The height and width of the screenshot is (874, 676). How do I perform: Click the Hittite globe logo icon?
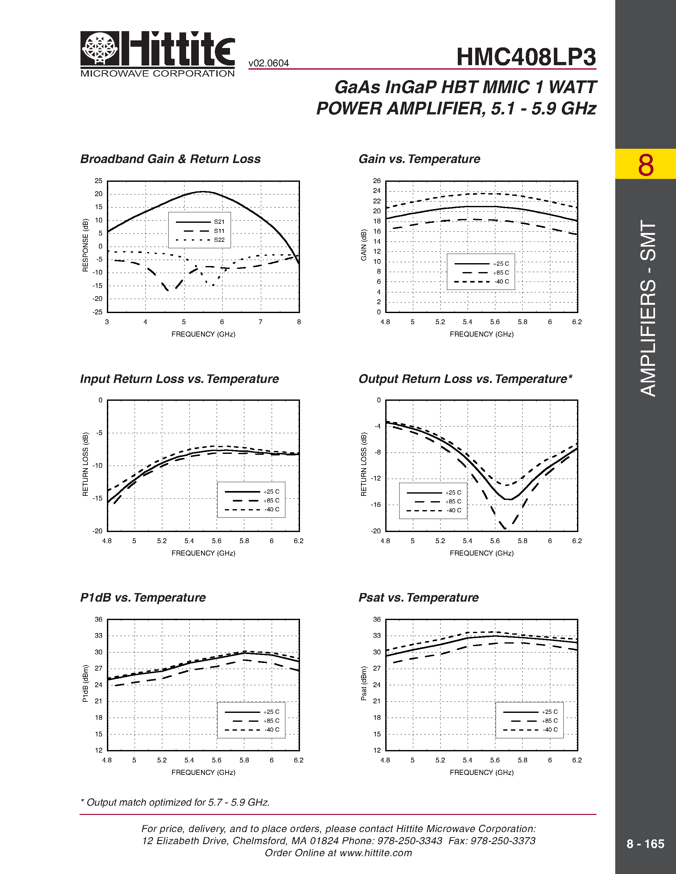point(100,48)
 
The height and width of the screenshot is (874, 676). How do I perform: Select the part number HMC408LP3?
point(526,57)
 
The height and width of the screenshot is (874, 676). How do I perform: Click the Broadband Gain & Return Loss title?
point(170,159)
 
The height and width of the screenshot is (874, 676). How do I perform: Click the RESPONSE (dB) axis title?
point(85,245)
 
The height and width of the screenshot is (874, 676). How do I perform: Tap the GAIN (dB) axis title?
point(364,245)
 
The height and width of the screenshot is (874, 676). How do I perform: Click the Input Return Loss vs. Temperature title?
point(179,379)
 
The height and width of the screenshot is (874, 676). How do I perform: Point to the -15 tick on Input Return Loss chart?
point(97,498)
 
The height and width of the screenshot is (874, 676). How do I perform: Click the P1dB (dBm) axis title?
point(85,684)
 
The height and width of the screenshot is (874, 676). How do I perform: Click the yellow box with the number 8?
point(645,164)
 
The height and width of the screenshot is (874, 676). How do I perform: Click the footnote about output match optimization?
point(175,802)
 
